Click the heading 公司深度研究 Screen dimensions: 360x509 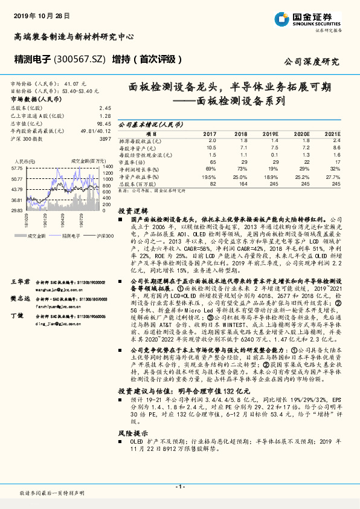(312, 62)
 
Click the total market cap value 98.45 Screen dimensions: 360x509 (104, 123)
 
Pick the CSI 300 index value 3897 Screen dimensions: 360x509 (105, 139)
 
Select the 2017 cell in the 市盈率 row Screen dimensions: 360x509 (210, 163)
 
